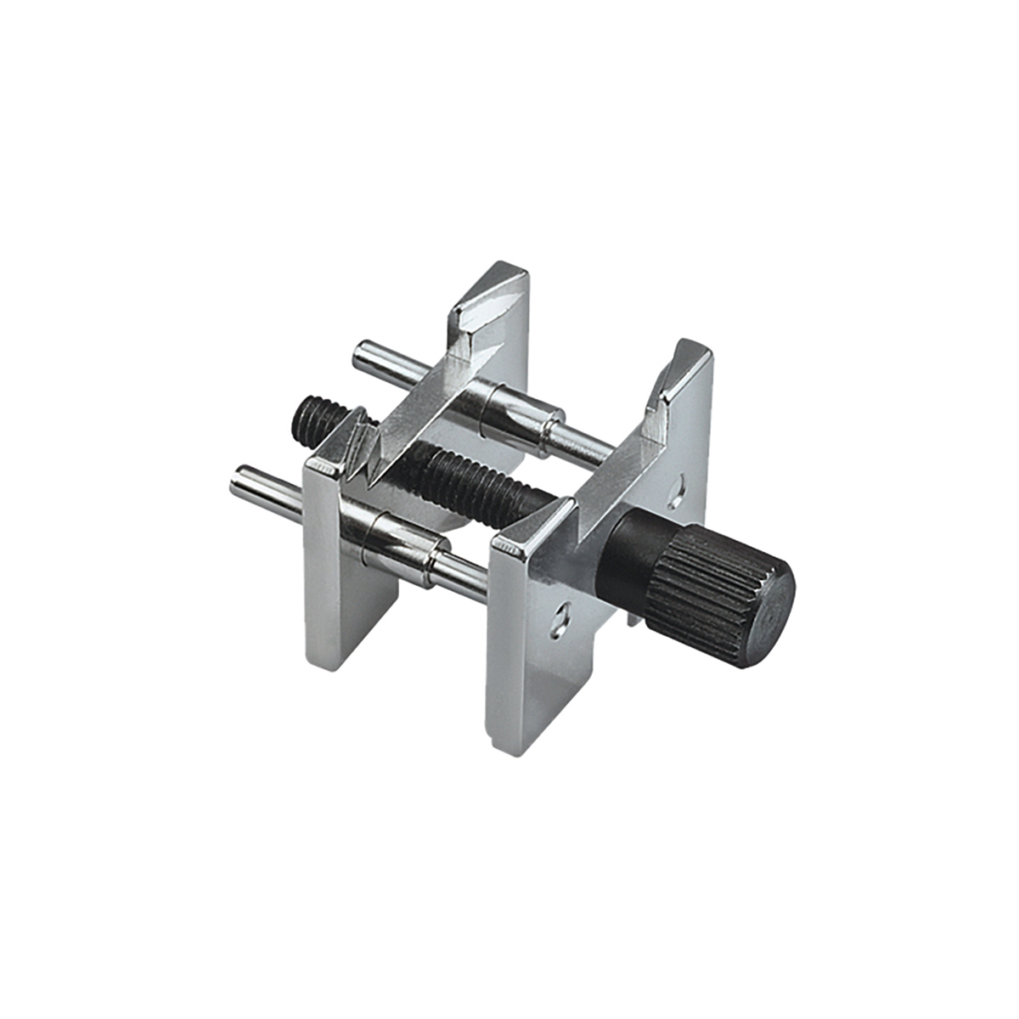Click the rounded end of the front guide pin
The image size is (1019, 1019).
[x=241, y=484]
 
